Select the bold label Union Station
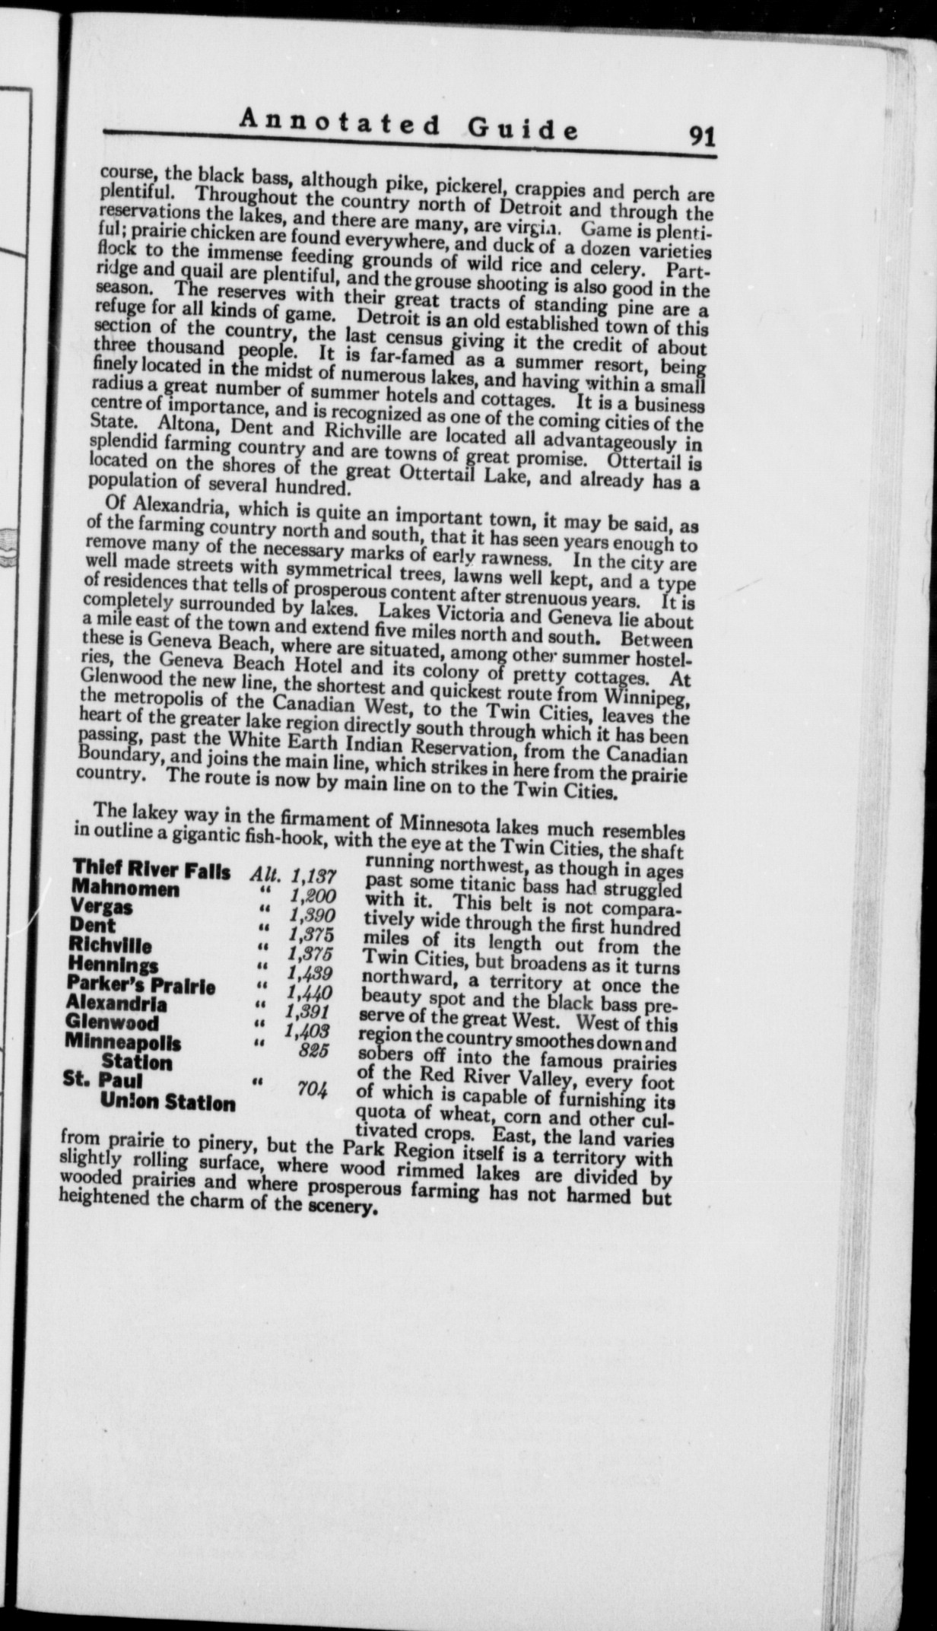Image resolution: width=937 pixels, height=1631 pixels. [167, 1102]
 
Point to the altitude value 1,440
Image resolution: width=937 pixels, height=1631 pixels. [310, 993]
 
